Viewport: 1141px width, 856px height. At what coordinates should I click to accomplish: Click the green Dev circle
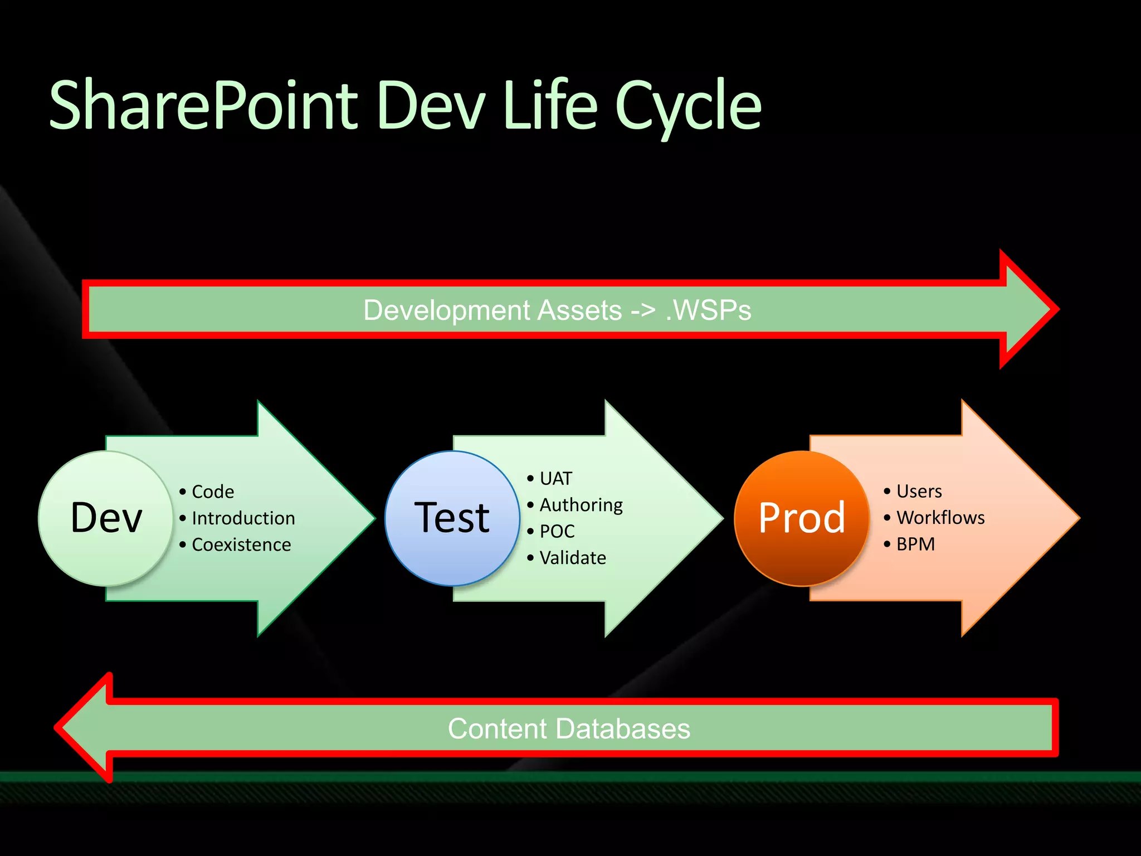(x=106, y=518)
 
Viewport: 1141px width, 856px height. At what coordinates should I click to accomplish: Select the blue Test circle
(x=452, y=518)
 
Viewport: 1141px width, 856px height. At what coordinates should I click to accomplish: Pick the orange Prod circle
(x=802, y=518)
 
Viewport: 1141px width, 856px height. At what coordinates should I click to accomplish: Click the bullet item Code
(x=212, y=492)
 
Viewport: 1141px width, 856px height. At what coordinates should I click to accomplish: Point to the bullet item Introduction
(x=243, y=518)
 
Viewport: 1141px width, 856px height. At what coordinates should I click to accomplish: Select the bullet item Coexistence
(x=241, y=544)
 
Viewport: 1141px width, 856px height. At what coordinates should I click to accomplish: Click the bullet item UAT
(x=555, y=479)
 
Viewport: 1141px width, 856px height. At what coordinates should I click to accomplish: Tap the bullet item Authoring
(x=581, y=505)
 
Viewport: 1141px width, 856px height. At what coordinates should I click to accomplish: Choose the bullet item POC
(x=557, y=532)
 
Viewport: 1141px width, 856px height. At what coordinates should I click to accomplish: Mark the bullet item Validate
(x=572, y=558)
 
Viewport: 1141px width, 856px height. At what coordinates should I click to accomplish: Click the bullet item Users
(x=919, y=492)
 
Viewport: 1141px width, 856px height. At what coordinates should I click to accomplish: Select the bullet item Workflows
(x=940, y=518)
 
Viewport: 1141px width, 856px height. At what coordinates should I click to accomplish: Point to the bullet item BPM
(x=915, y=544)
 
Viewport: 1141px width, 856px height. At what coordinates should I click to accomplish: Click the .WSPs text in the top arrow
(x=709, y=310)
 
